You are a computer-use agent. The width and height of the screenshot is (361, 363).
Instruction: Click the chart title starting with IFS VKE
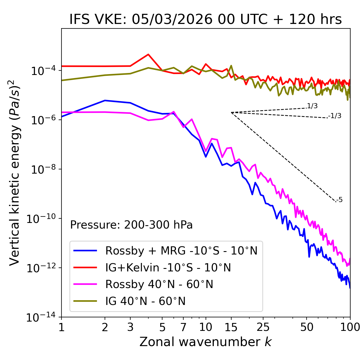[x=206, y=19]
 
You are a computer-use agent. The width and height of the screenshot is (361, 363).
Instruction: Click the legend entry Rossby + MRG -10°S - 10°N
[x=181, y=251]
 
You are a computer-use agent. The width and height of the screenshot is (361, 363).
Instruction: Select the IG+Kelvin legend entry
[x=168, y=267]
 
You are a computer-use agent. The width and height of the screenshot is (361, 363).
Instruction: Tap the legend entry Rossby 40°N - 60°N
[x=159, y=284]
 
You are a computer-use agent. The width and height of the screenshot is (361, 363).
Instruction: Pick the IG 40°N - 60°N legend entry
[x=145, y=301]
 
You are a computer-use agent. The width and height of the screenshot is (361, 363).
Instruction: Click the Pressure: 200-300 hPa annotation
[x=131, y=225]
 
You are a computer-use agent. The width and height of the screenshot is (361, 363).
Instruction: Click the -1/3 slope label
[x=335, y=116]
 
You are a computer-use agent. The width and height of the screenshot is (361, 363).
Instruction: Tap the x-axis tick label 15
[x=231, y=327]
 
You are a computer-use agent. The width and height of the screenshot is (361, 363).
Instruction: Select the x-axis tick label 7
[x=183, y=327]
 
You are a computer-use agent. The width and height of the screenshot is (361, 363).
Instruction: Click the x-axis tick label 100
[x=350, y=327]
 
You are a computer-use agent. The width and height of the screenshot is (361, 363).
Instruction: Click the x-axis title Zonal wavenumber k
[x=206, y=342]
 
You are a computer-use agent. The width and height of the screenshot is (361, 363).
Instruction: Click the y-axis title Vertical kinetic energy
[x=15, y=172]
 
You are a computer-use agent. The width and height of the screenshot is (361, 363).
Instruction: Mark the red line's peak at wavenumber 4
[x=148, y=54]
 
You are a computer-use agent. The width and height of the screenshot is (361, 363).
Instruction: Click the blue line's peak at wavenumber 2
[x=105, y=100]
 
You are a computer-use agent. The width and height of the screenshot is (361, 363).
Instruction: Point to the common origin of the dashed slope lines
[x=231, y=112]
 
